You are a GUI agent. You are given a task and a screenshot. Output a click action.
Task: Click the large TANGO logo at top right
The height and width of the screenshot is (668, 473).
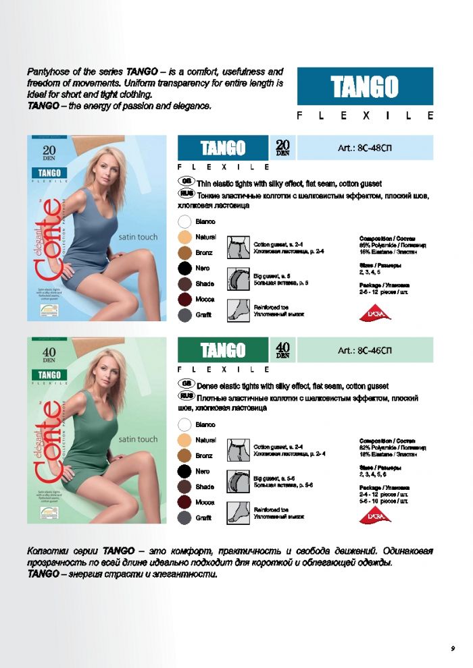point(365,86)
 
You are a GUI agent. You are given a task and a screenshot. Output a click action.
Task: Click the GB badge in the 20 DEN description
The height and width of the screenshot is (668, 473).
point(187,182)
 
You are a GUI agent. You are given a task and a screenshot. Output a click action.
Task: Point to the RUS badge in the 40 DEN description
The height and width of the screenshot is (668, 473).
point(187,397)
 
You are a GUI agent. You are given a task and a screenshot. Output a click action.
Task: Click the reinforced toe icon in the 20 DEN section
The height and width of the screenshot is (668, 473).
point(239,309)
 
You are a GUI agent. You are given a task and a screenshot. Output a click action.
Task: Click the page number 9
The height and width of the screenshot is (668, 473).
point(452,648)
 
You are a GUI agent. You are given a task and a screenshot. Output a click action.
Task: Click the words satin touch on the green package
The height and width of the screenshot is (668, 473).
point(138,439)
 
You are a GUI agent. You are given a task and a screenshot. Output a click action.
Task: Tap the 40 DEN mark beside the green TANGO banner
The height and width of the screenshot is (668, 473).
point(282,350)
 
